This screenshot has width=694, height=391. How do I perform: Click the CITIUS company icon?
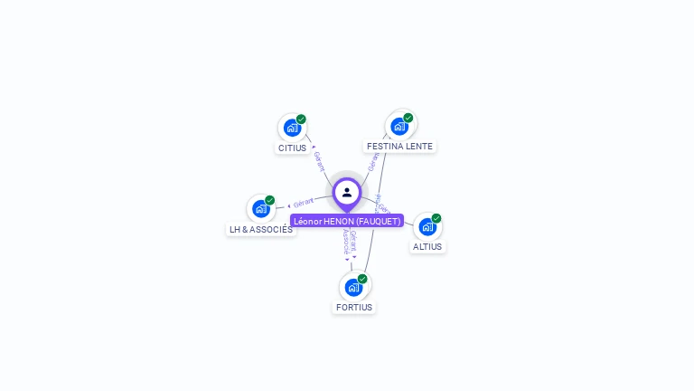[292, 128]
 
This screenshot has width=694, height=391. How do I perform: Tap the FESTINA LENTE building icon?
[399, 126]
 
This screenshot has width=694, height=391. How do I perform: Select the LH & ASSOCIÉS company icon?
[261, 209]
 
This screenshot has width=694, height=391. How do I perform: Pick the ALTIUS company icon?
[427, 226]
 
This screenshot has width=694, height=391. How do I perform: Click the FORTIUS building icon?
[353, 287]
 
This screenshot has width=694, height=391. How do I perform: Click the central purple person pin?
[347, 193]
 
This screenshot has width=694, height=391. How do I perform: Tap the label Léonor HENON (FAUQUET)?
[347, 221]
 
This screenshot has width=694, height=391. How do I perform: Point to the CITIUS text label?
[292, 148]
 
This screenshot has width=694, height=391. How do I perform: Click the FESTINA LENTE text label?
[399, 146]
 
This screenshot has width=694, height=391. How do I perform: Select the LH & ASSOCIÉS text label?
[261, 229]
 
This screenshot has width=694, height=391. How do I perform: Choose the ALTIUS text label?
[427, 246]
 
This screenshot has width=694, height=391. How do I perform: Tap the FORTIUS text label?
[353, 307]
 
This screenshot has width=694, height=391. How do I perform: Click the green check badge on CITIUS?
[301, 119]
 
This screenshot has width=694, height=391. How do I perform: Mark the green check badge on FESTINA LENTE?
[408, 118]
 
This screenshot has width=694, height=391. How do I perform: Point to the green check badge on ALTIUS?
[436, 218]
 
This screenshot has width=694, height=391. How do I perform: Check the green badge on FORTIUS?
[362, 279]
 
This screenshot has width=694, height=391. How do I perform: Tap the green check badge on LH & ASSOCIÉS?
[270, 200]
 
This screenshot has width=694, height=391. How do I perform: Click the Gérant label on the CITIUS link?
[319, 161]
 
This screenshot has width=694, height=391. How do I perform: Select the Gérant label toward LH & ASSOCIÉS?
[304, 203]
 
